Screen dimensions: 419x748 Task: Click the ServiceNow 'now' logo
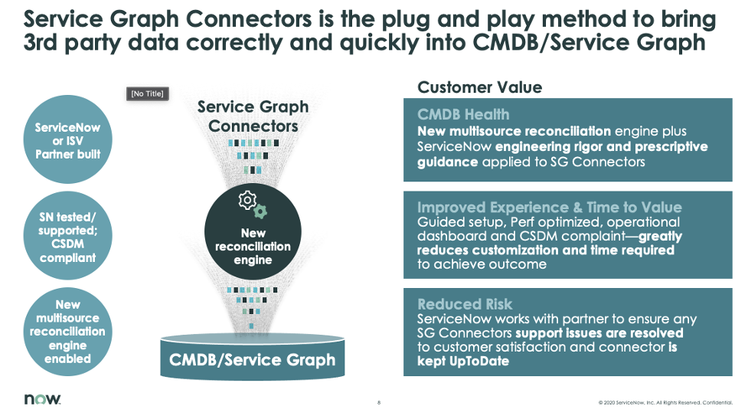pos(42,399)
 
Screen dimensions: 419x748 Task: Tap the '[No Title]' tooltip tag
pos(147,93)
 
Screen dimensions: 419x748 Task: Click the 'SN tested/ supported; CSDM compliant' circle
pos(67,237)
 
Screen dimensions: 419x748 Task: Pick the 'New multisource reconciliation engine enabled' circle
pos(67,332)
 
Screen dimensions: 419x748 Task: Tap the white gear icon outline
pos(247,201)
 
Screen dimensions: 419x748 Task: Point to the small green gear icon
pos(261,211)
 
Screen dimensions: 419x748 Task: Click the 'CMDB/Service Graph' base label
pos(252,359)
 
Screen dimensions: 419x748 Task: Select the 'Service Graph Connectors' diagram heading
pos(253,116)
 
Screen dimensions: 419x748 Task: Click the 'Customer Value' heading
pos(479,87)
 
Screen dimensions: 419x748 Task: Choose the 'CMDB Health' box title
pos(462,115)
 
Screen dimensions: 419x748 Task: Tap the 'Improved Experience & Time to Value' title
pos(549,208)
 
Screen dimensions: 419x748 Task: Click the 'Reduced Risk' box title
pos(465,304)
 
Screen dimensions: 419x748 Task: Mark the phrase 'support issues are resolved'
pos(599,333)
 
